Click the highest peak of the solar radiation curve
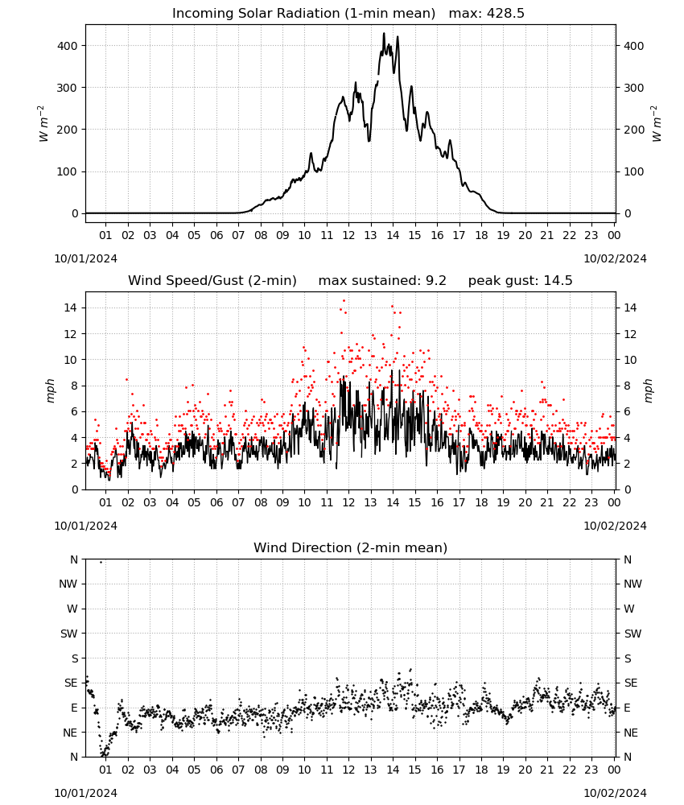[x=384, y=34]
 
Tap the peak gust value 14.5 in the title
[x=554, y=281]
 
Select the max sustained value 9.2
[x=436, y=281]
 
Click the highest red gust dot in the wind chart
[x=344, y=301]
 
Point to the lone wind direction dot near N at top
[x=101, y=562]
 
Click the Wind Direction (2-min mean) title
[x=351, y=547]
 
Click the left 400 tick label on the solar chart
[x=68, y=46]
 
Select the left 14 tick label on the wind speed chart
[x=71, y=308]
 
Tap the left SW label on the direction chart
[x=68, y=634]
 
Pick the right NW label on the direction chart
[x=632, y=584]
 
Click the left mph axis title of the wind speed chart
[x=50, y=390]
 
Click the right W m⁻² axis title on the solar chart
[x=657, y=124]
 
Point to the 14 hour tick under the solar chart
[x=393, y=235]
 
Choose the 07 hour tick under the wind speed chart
[x=238, y=502]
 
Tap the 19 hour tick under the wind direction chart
[x=503, y=770]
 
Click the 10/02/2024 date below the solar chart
[x=615, y=258]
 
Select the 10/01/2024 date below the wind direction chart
[x=85, y=793]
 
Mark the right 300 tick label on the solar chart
[x=634, y=88]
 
